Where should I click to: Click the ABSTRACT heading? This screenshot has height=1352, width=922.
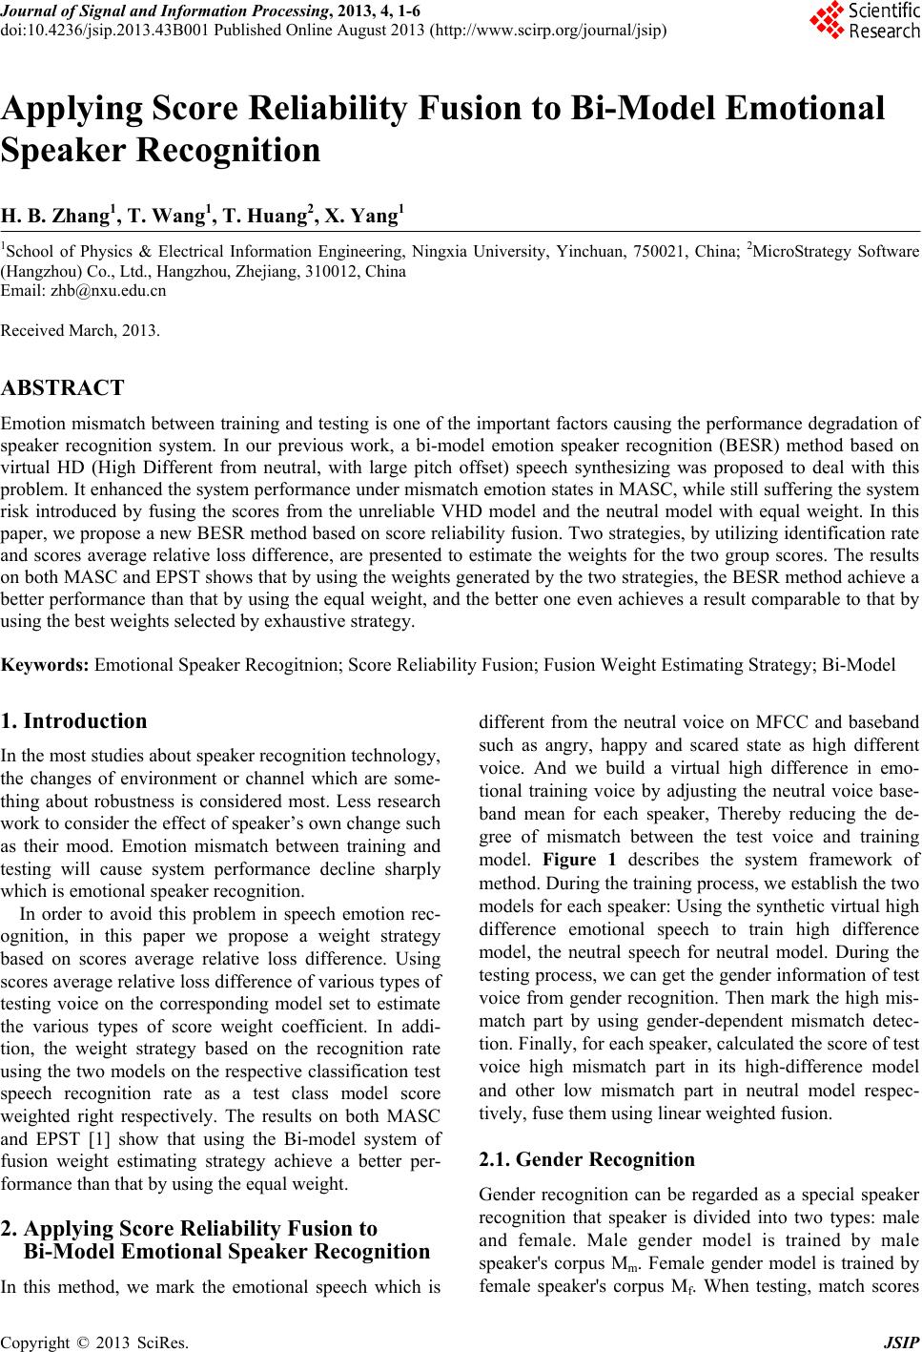[63, 388]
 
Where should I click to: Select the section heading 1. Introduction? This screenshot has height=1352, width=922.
[74, 721]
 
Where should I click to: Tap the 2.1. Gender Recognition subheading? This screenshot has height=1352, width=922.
[586, 1160]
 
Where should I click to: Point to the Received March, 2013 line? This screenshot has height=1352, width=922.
[81, 331]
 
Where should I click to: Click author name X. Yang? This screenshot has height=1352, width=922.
[363, 218]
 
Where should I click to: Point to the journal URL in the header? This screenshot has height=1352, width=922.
[548, 30]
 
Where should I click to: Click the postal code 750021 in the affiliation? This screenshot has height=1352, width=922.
[684, 252]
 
